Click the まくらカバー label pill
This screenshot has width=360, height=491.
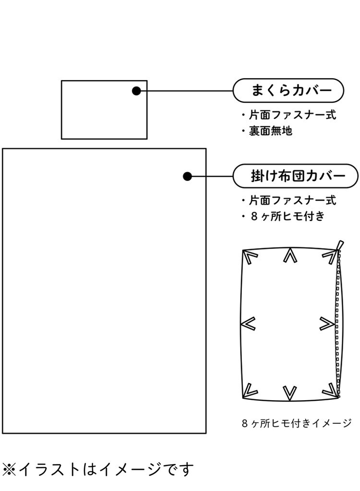[288, 90]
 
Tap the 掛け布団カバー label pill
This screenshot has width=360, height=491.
[295, 176]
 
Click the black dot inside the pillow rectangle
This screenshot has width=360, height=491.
[136, 91]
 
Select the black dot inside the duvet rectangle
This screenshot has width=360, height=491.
[188, 177]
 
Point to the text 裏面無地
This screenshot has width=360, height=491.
[267, 131]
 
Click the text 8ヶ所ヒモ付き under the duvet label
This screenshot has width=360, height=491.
[283, 216]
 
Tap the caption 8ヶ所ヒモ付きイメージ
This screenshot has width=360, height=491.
[297, 423]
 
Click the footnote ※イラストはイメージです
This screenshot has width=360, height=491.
[98, 468]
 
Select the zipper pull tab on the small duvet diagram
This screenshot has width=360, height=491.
[340, 245]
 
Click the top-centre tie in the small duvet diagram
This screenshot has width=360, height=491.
[289, 256]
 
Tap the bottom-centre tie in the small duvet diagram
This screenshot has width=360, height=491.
[289, 392]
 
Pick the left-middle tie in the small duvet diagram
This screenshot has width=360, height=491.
[249, 324]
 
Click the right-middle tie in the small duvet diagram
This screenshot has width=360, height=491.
[327, 324]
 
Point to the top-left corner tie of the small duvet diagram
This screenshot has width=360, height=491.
[249, 258]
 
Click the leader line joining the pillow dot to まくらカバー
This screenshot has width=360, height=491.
[187, 91]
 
